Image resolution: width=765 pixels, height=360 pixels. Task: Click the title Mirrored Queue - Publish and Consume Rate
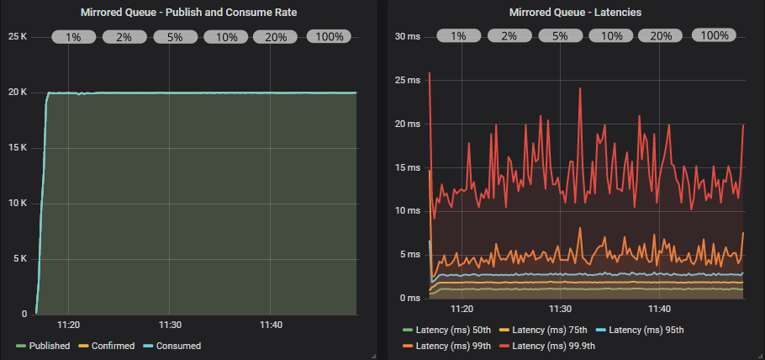pyautogui.click(x=188, y=13)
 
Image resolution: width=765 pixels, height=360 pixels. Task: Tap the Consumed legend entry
pyautogui.click(x=178, y=346)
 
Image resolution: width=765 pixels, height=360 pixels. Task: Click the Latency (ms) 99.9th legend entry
pyautogui.click(x=553, y=346)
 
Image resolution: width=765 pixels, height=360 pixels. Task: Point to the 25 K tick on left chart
pyautogui.click(x=18, y=37)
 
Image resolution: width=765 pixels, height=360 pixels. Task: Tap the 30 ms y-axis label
pyautogui.click(x=408, y=37)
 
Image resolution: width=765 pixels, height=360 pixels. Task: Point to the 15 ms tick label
pyautogui.click(x=408, y=167)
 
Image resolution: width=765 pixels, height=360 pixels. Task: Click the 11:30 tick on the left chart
pyautogui.click(x=170, y=325)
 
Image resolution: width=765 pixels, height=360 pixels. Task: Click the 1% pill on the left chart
pyautogui.click(x=73, y=37)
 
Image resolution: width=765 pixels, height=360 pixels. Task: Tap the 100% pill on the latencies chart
pyautogui.click(x=714, y=35)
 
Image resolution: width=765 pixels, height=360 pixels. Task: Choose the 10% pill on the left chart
pyautogui.click(x=226, y=37)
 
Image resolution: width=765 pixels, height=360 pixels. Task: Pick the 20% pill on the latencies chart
pyautogui.click(x=661, y=36)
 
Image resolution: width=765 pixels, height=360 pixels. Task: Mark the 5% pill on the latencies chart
pyautogui.click(x=559, y=36)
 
